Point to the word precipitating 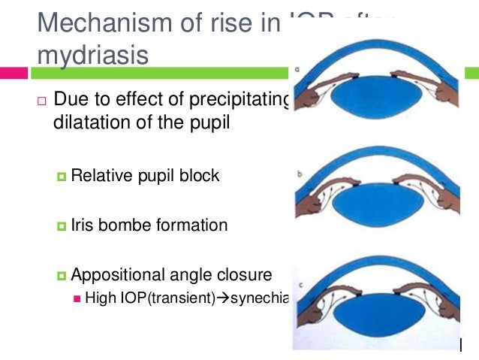point(241,100)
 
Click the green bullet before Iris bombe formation point(62,225)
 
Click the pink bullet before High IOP point(77,298)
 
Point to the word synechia point(260,298)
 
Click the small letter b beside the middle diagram point(300,173)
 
